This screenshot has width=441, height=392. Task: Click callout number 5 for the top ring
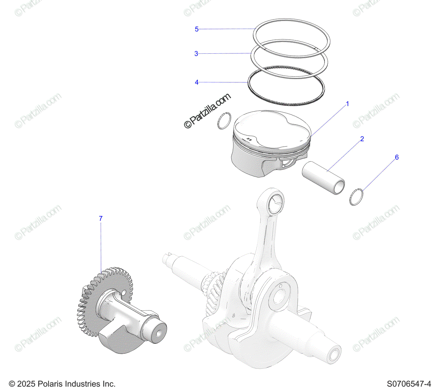197,29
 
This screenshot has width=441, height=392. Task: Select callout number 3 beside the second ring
196,54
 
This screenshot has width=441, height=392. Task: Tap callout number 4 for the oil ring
197,82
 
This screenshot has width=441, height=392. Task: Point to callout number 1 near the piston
347,104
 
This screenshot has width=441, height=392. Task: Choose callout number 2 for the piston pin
362,139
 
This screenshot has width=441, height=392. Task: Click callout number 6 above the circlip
397,157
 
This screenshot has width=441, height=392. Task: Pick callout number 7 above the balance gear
101,218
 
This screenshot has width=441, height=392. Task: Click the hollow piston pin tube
323,178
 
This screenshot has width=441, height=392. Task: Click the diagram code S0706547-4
409,384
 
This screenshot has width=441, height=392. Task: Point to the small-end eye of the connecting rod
276,202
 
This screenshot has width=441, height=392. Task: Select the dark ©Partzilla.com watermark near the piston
207,111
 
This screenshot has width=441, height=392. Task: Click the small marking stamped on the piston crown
249,139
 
